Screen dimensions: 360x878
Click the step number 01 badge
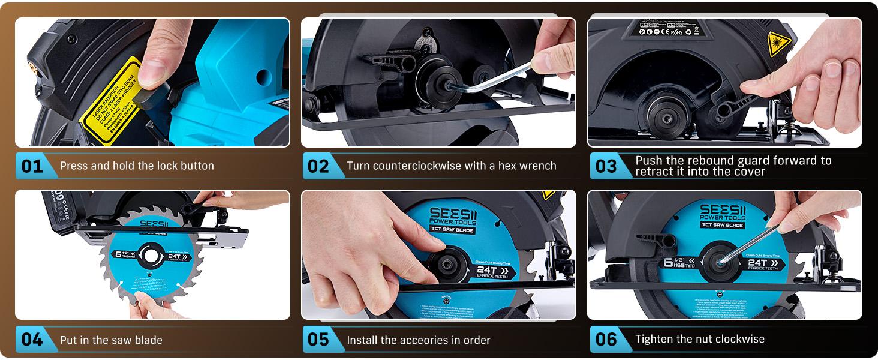[32, 166]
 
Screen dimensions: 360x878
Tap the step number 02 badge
[318, 166]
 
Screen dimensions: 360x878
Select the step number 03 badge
[606, 166]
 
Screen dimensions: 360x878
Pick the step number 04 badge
[32, 340]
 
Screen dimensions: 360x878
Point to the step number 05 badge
[318, 340]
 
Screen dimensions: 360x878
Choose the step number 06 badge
[606, 340]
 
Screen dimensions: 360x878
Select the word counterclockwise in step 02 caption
[433, 166]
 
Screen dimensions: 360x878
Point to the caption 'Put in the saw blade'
[111, 340]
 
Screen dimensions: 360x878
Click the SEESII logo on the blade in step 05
[453, 214]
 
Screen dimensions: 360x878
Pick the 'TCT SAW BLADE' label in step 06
[723, 225]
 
